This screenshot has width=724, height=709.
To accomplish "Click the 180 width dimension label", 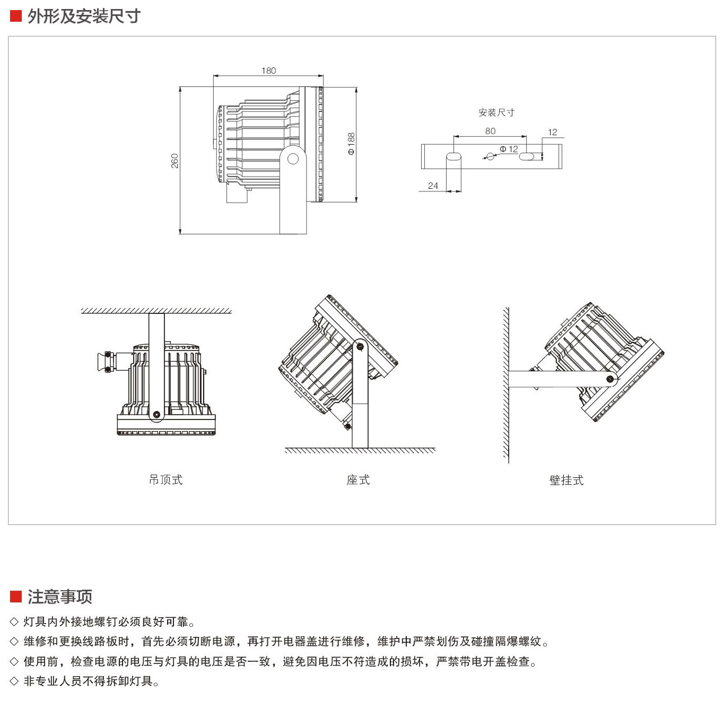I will tap(268, 71).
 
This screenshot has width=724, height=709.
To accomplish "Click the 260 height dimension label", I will tap(175, 161).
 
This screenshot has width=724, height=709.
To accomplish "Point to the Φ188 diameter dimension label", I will tap(351, 144).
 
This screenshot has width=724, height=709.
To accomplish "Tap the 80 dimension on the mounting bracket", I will tap(490, 131).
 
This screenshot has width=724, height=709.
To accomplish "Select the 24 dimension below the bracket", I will tap(433, 186).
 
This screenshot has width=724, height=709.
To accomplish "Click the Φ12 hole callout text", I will tap(509, 149).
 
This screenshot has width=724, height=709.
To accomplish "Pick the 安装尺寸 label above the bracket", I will tap(496, 112).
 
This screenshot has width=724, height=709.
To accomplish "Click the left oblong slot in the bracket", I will tap(453, 156).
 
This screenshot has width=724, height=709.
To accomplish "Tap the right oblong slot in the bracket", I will tap(527, 156).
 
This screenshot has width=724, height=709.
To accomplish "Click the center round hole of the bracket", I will tap(491, 156).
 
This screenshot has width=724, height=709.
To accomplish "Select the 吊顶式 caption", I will tap(165, 480).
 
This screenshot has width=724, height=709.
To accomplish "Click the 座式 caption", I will tap(358, 480).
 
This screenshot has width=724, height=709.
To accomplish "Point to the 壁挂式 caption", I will tap(566, 480).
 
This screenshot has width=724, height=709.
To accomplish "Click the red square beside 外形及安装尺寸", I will tap(15, 16).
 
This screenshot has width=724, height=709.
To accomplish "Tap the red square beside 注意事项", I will tap(15, 597).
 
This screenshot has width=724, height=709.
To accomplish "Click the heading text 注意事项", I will tap(60, 597).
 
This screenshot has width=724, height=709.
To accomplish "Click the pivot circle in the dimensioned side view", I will tap(293, 159).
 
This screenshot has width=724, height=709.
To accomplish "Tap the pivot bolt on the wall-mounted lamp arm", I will tap(610, 379).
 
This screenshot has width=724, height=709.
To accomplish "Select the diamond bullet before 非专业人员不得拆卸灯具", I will tap(14, 681).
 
